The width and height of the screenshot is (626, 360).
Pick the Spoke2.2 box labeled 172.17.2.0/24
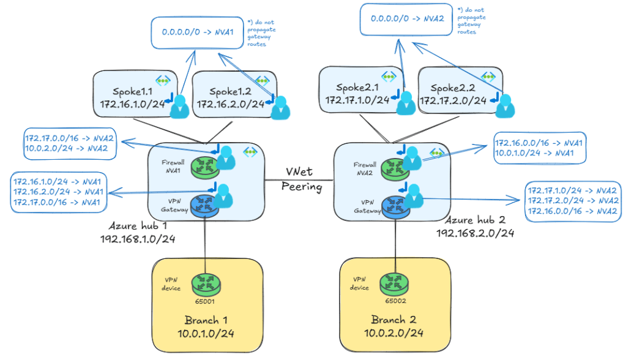point(459,91)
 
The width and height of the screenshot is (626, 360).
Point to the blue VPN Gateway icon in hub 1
point(201,206)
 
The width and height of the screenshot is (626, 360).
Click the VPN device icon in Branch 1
point(204,283)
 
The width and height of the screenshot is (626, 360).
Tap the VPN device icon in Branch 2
point(393,283)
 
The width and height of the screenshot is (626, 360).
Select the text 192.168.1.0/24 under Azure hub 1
point(138,239)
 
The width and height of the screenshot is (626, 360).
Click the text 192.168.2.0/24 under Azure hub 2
point(474,233)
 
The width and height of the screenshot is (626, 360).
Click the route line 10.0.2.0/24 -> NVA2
point(70,148)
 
